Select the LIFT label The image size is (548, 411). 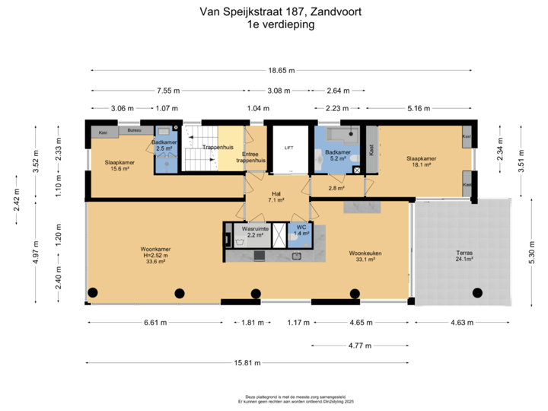coord(288,148)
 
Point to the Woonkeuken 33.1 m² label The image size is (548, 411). coord(365,256)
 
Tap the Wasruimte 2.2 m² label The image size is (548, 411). coord(253,231)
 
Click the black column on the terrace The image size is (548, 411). coord(476,293)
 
